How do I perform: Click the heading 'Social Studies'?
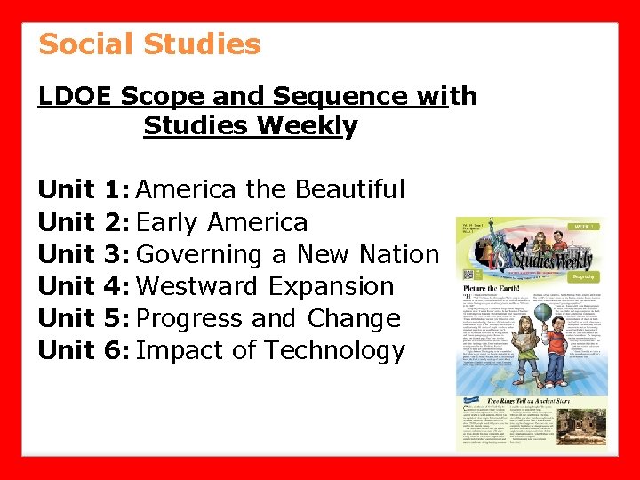149,44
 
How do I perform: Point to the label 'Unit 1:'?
84,189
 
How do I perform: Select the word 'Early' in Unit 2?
173,222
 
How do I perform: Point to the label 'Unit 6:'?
84,350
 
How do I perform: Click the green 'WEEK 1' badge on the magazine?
584,228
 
